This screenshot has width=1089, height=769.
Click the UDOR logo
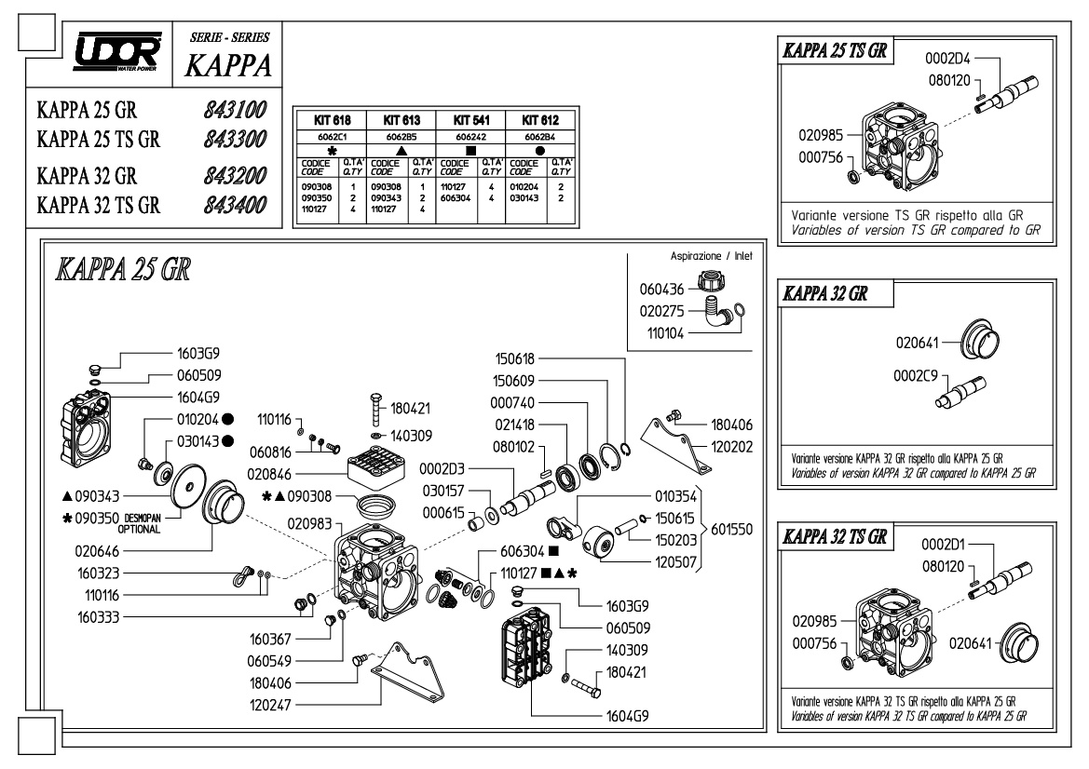point(117,51)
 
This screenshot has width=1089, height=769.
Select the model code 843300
point(235,139)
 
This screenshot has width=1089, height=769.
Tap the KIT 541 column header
point(470,120)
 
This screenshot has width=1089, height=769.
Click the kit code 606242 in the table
point(470,138)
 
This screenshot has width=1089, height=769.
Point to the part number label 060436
point(661,290)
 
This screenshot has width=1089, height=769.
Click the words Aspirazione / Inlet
point(711,256)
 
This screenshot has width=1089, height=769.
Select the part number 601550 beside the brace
point(731,530)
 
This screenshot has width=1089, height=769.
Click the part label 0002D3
point(442,469)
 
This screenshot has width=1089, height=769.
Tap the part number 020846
point(269,475)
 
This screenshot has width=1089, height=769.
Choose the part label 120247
point(271,705)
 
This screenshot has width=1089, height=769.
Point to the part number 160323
point(99,573)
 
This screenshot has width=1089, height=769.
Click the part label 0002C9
point(916,376)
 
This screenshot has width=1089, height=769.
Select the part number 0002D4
point(947,59)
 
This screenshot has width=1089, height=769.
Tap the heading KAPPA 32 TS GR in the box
point(835,536)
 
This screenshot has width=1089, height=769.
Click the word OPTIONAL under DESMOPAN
point(139,530)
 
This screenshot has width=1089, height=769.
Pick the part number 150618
point(514,358)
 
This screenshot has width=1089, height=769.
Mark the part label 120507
point(675,563)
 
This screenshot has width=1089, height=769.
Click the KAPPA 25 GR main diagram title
point(123,269)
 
